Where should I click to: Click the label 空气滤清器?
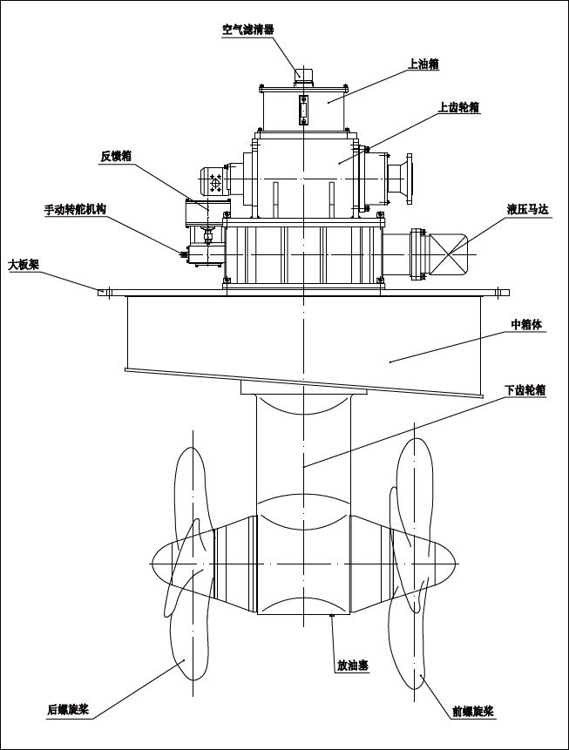(248, 29)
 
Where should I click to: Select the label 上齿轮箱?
(458, 107)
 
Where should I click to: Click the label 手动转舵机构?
(76, 210)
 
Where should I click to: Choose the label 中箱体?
(526, 325)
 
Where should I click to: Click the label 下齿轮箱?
(525, 390)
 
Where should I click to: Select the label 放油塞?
(352, 666)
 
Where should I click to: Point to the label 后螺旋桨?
(68, 709)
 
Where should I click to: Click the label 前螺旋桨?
(472, 711)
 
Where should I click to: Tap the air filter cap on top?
(303, 74)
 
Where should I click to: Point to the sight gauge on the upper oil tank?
(303, 111)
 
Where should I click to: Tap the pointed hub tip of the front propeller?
(456, 564)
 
